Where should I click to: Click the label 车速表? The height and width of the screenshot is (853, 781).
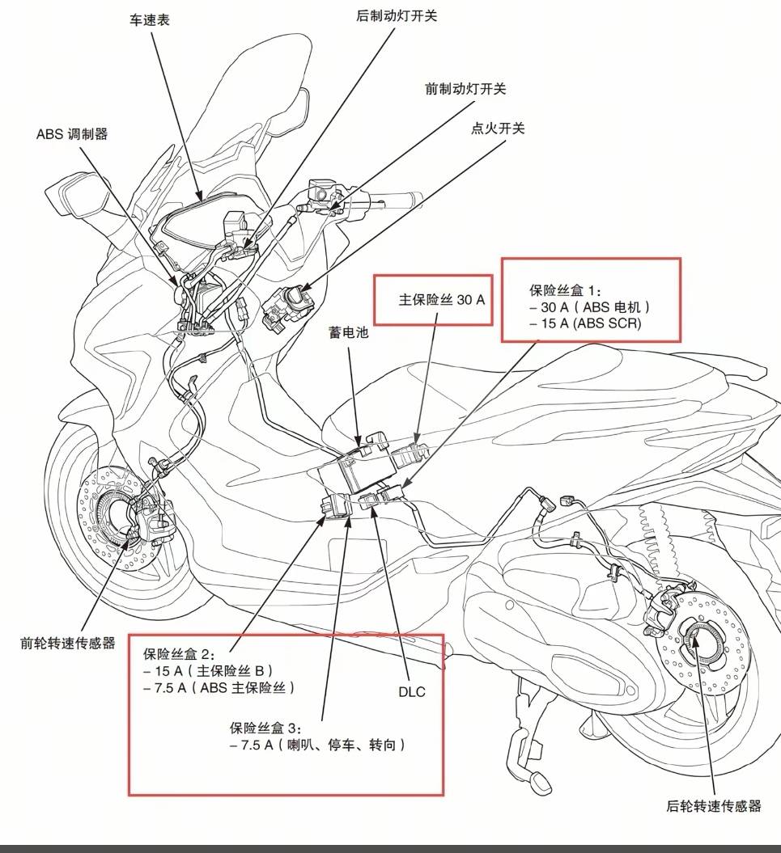150,20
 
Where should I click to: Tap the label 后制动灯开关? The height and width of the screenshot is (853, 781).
397,15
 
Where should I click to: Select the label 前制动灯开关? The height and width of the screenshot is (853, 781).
466,88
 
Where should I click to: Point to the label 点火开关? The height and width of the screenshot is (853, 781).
498,128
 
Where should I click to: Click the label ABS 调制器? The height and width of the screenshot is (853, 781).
72,134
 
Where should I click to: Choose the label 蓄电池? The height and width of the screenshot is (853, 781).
348,331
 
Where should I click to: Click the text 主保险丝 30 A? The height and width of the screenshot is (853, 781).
442,299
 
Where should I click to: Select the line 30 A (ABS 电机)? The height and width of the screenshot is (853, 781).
591,307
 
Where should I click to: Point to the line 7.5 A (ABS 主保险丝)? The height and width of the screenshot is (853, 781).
219,687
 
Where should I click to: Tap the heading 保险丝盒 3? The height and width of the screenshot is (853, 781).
265,727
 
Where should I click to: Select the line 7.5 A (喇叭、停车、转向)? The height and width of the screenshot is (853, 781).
316,745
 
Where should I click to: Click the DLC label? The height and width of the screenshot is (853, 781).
411,692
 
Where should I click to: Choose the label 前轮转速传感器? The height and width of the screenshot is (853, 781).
68,644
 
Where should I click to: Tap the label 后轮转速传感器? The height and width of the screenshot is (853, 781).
714,805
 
